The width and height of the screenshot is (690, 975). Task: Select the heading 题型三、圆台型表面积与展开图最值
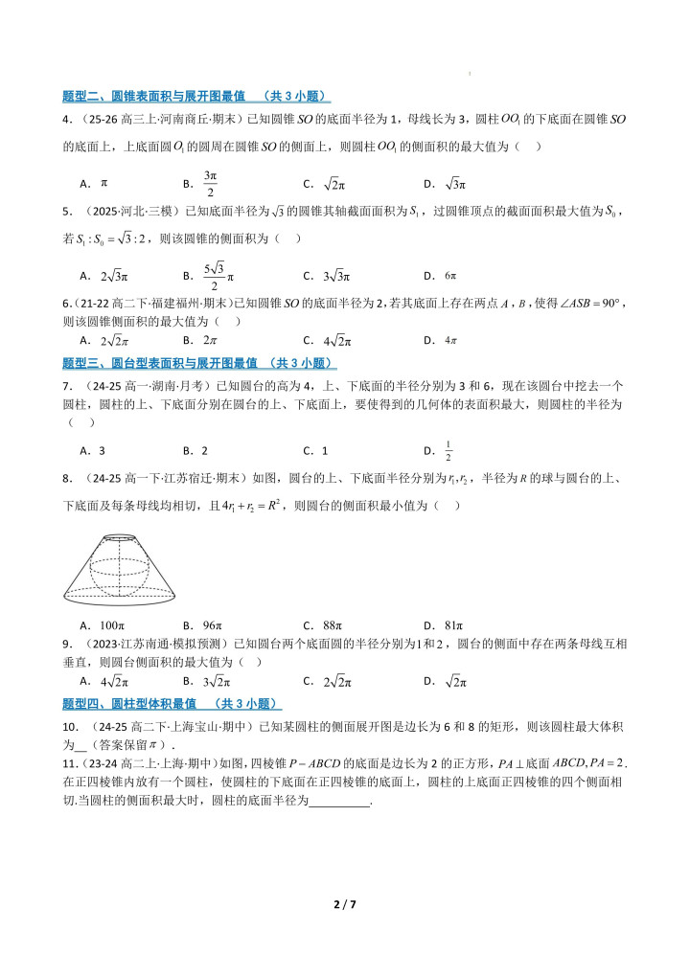click(x=198, y=363)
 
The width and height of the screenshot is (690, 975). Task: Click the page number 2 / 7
click(x=344, y=903)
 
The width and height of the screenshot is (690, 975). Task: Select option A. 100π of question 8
click(x=98, y=626)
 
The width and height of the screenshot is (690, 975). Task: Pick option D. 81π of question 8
click(x=444, y=626)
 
